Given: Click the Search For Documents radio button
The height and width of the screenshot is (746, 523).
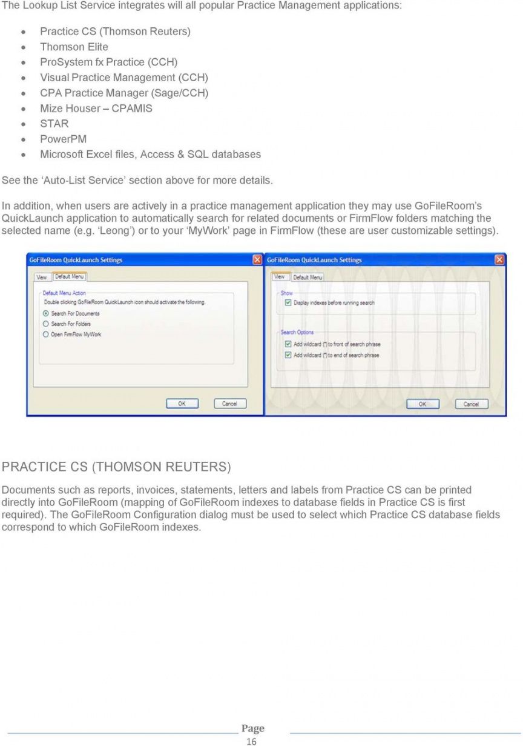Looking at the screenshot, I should pyautogui.click(x=45, y=313).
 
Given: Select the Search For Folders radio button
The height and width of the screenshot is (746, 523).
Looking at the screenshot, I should pyautogui.click(x=45, y=324).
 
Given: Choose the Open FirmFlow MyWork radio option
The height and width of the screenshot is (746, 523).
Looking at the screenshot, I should pyautogui.click(x=45, y=335).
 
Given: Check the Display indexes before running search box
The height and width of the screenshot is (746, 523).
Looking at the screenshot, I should pyautogui.click(x=288, y=303).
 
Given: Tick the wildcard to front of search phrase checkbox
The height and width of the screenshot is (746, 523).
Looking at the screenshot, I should pyautogui.click(x=288, y=344).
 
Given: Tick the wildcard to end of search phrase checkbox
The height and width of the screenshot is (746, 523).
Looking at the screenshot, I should pyautogui.click(x=288, y=355).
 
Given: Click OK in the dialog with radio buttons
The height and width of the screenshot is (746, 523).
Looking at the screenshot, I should pyautogui.click(x=182, y=404).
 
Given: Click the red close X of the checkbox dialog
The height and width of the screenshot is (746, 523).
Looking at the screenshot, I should pyautogui.click(x=499, y=260).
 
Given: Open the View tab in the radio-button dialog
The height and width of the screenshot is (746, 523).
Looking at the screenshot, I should pyautogui.click(x=42, y=277).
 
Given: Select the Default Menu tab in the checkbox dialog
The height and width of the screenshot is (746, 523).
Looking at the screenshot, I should pyautogui.click(x=308, y=277).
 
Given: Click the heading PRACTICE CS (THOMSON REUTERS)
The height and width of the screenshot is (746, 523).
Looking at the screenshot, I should pyautogui.click(x=116, y=467).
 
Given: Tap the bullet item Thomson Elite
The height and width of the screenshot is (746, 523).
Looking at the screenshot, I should pyautogui.click(x=74, y=47).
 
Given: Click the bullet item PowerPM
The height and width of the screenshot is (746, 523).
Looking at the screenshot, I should pyautogui.click(x=63, y=139).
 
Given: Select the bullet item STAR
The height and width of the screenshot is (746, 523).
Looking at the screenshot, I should pyautogui.click(x=54, y=124).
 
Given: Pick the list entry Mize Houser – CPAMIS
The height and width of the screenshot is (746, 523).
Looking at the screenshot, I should pyautogui.click(x=96, y=108).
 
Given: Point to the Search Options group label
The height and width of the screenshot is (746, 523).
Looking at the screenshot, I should pyautogui.click(x=297, y=332).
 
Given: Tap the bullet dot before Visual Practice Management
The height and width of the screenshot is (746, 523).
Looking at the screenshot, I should pyautogui.click(x=23, y=78).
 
